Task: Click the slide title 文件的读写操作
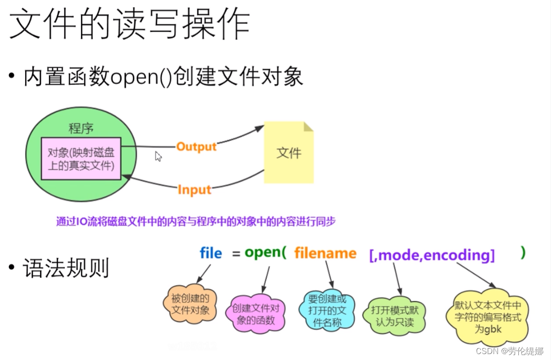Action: [129, 25]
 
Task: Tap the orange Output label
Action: [196, 147]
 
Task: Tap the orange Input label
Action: [194, 190]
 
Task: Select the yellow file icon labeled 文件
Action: [289, 152]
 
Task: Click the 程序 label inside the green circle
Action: [81, 129]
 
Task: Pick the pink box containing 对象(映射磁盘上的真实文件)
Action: [81, 159]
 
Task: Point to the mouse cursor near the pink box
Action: [158, 157]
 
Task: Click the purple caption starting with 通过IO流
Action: [196, 222]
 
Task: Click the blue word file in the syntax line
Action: [211, 253]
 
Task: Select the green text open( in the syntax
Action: [265, 253]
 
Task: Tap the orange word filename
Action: [325, 254]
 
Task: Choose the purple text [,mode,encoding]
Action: [431, 255]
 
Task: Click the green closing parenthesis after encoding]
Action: [523, 253]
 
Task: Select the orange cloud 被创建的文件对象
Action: [190, 305]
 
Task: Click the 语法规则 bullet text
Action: [66, 268]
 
